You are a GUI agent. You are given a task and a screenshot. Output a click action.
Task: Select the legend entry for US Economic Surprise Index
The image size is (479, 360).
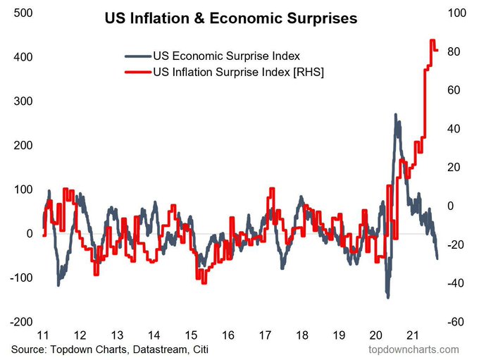tap(225, 56)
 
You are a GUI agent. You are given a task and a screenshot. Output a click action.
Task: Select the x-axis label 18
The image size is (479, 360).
tap(301, 335)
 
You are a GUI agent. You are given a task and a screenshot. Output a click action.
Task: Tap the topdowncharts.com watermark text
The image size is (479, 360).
tap(413, 349)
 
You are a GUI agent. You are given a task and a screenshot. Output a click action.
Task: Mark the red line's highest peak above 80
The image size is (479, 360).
tap(432, 41)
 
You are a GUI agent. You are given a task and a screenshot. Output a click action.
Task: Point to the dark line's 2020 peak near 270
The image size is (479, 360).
tap(395, 115)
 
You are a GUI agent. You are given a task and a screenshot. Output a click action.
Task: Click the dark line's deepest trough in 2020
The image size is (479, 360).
tap(387, 297)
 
